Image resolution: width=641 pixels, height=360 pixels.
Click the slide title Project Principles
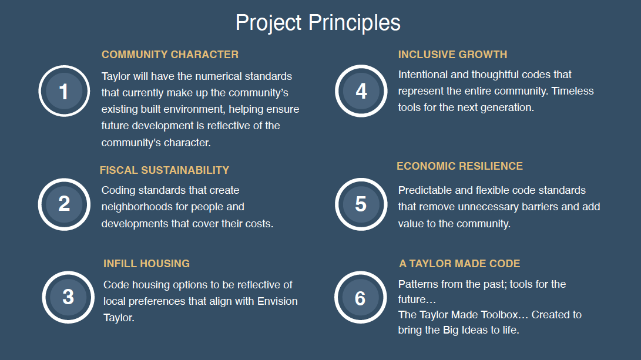pyautogui.click(x=318, y=23)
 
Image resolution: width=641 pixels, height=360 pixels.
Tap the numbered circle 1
pyautogui.click(x=64, y=91)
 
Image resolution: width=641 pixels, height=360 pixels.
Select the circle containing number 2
pyautogui.click(x=64, y=204)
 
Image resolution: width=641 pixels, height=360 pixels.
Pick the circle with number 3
pyautogui.click(x=68, y=297)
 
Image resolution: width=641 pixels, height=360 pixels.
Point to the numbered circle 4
pyautogui.click(x=361, y=90)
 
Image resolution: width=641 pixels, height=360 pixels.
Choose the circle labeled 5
pyautogui.click(x=361, y=204)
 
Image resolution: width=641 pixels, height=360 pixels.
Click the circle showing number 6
pyautogui.click(x=360, y=297)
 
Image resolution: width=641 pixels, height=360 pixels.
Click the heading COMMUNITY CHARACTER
pyautogui.click(x=170, y=55)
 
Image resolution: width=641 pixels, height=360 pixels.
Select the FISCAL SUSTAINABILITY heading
pyautogui.click(x=165, y=170)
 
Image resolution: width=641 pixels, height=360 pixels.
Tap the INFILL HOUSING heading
pyautogui.click(x=146, y=264)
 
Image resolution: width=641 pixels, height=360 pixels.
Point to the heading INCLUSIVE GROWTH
pyautogui.click(x=452, y=55)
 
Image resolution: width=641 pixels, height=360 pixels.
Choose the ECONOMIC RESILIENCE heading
pyautogui.click(x=459, y=166)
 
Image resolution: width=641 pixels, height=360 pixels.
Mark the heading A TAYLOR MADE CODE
pyautogui.click(x=459, y=264)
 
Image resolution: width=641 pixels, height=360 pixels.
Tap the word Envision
pyautogui.click(x=277, y=301)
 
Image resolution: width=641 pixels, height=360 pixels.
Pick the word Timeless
pyautogui.click(x=572, y=90)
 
